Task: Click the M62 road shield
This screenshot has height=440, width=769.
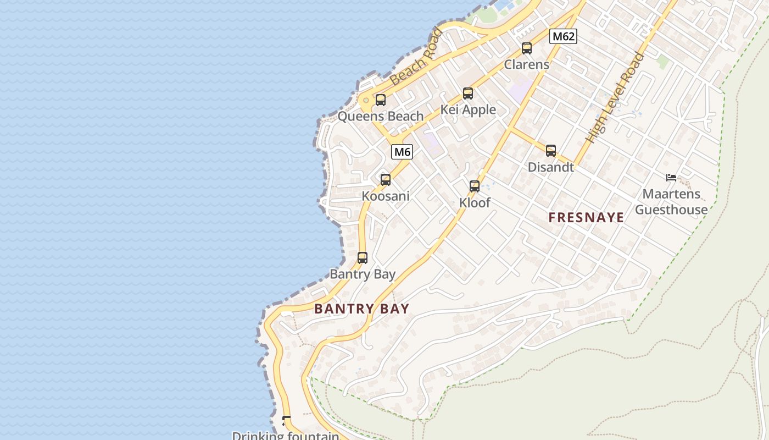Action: click(x=563, y=36)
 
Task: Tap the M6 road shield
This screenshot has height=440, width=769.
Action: click(x=402, y=152)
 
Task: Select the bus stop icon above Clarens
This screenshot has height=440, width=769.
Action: click(x=527, y=48)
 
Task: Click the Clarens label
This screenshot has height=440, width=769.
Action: click(x=527, y=64)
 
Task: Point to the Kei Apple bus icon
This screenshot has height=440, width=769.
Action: click(x=468, y=94)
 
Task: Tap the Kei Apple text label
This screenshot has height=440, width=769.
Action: click(x=468, y=110)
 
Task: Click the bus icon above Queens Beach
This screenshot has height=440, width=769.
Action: click(x=381, y=100)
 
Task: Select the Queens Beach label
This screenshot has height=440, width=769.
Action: click(x=381, y=116)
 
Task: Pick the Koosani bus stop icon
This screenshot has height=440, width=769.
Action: click(x=386, y=179)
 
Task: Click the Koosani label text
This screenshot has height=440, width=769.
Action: click(x=386, y=196)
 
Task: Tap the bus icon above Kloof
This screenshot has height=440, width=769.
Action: click(x=475, y=186)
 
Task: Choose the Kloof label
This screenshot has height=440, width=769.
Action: click(x=475, y=202)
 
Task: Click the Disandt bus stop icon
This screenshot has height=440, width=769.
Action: click(x=551, y=151)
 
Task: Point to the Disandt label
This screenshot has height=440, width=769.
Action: click(x=551, y=167)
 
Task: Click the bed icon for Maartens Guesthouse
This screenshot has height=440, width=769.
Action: click(x=671, y=177)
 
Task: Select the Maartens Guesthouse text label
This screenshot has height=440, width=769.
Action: click(x=671, y=202)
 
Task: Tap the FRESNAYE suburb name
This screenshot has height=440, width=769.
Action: click(x=586, y=218)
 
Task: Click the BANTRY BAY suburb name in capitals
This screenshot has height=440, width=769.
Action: click(x=362, y=309)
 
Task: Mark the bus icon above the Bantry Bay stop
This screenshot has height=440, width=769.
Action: click(x=363, y=257)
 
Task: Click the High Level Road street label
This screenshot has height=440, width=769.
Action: click(x=615, y=97)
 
